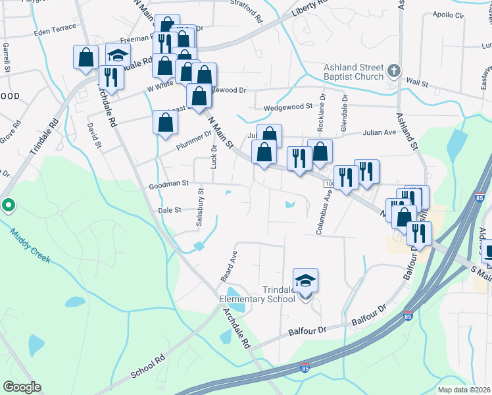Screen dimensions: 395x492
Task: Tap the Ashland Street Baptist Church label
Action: tap(353, 72)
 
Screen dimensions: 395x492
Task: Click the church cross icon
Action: tap(393, 70)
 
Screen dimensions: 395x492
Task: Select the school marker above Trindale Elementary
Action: tap(305, 282)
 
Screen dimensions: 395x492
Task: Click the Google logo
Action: tap(22, 387)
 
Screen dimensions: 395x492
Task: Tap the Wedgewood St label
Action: tap(287, 107)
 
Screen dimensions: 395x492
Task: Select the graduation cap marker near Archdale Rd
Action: tap(117, 56)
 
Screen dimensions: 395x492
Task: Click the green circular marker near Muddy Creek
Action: tap(8, 206)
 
